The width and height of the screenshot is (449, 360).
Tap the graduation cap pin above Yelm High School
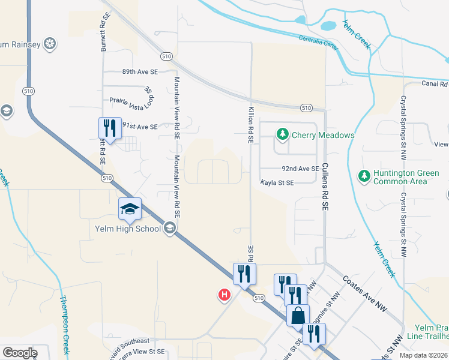(x=130, y=209)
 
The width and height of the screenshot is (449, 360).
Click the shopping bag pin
(x=298, y=315)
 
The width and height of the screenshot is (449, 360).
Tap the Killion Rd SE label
(x=252, y=125)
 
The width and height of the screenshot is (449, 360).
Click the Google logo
(x=20, y=353)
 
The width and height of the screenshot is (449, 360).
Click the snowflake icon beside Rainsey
(x=51, y=44)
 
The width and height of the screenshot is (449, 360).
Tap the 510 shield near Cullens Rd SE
(x=306, y=108)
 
